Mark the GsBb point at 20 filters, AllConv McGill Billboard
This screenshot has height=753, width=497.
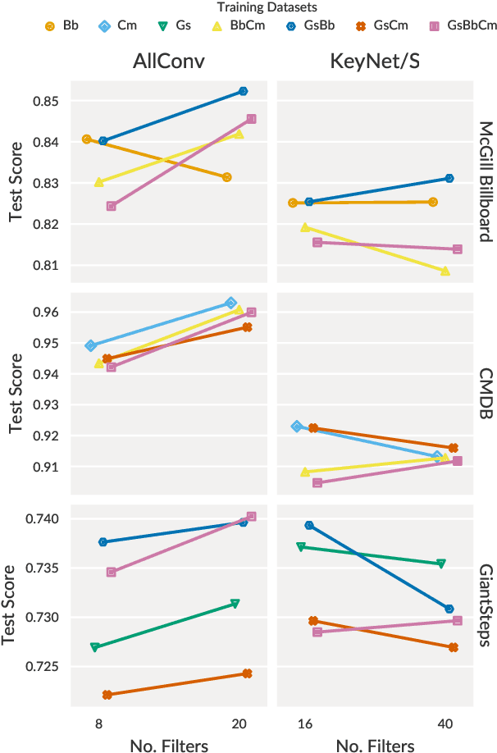243,91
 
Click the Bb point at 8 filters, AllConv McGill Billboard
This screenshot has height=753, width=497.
87,139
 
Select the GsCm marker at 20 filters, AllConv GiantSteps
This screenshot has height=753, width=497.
247,673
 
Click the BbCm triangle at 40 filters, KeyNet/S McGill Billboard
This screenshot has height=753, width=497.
445,271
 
